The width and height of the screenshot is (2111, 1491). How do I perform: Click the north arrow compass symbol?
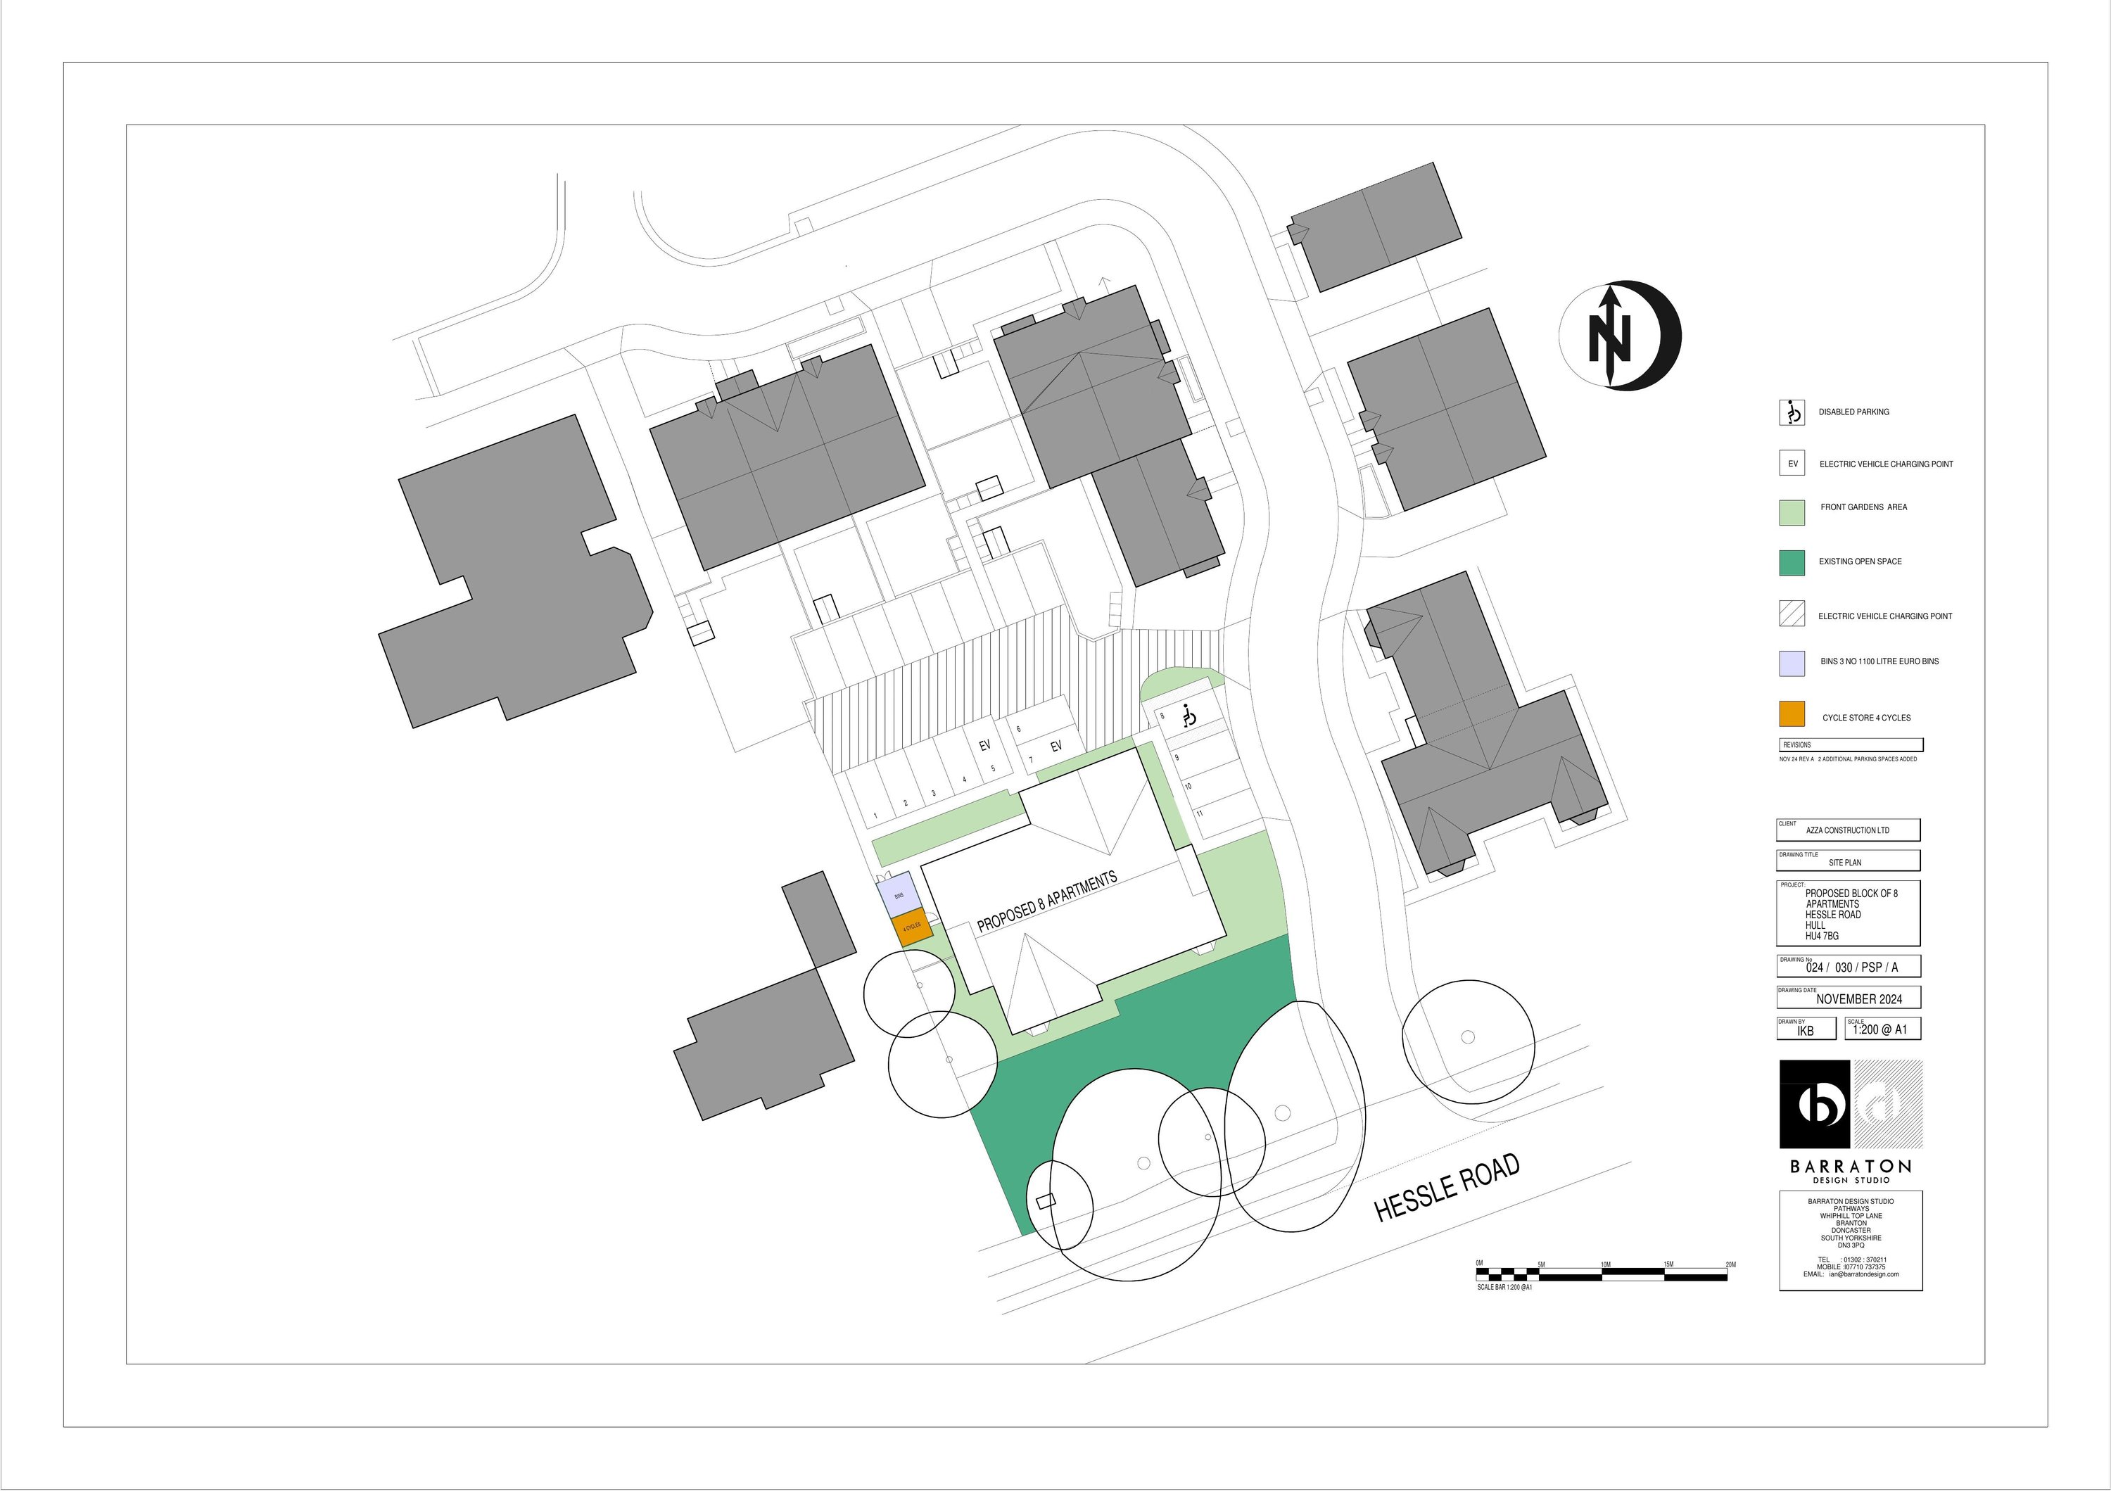tap(1619, 336)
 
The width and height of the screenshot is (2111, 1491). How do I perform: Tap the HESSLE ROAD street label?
tap(1446, 1188)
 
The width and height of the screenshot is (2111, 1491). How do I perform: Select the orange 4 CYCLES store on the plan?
tap(911, 928)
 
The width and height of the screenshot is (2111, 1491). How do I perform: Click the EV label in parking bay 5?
tap(984, 746)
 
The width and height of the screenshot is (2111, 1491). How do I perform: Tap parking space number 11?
tap(1200, 813)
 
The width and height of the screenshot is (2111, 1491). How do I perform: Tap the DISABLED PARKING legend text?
tap(1853, 412)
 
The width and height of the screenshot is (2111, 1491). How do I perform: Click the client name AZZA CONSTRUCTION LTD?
tap(1847, 830)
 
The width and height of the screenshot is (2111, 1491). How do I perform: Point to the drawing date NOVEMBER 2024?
tap(1859, 999)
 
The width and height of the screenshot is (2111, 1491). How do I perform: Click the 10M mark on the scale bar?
tap(1605, 1265)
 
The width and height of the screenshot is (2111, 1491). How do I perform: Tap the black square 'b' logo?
tap(1814, 1104)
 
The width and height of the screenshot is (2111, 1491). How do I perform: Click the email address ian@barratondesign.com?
tap(1864, 1274)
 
